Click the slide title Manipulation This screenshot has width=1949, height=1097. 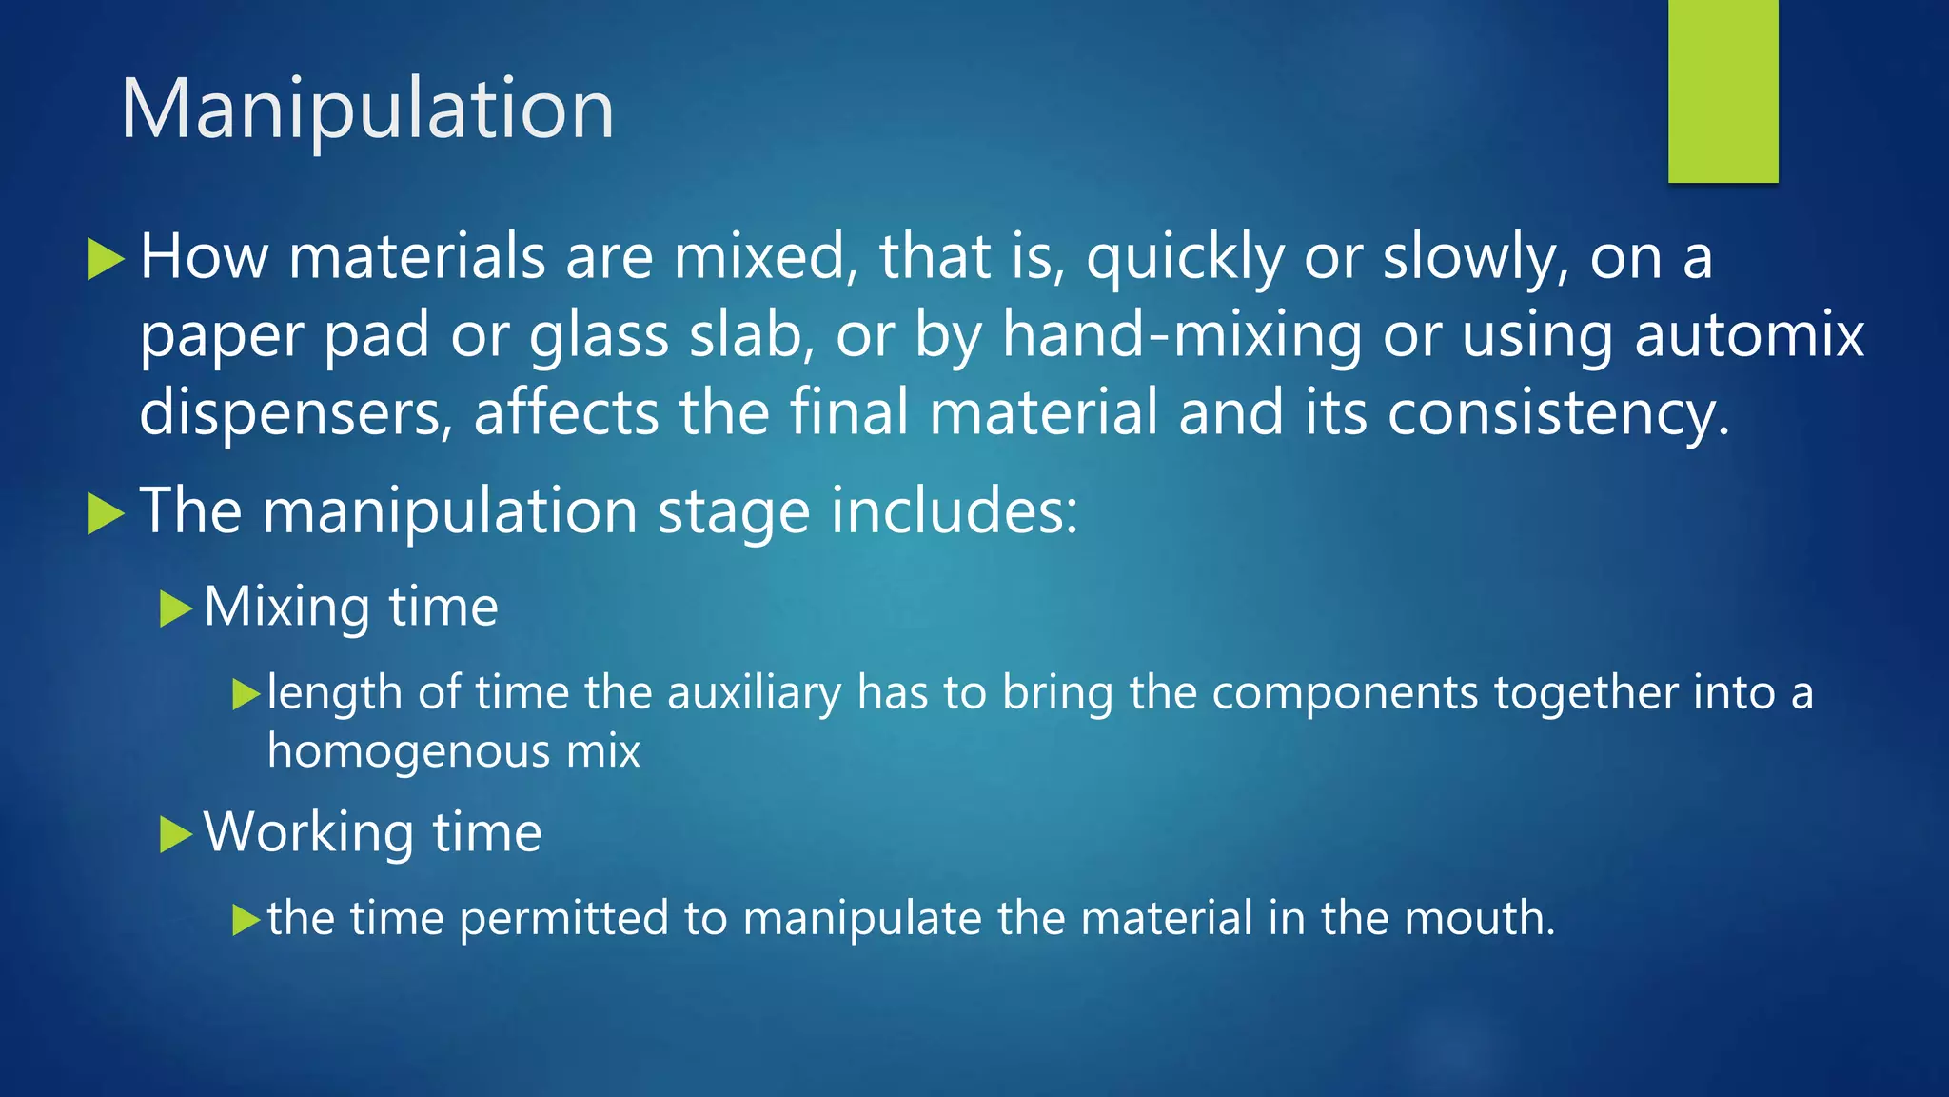pyautogui.click(x=367, y=110)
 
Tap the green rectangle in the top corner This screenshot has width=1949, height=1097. pyautogui.click(x=1723, y=90)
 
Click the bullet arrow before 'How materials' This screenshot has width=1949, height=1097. pyautogui.click(x=106, y=259)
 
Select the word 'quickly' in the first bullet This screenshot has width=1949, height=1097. pyautogui.click(x=1184, y=259)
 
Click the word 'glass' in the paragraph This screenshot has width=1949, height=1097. pyautogui.click(x=599, y=337)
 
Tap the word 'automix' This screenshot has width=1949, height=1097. pyautogui.click(x=1748, y=335)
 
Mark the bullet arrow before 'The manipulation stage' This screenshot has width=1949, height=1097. pyautogui.click(x=106, y=514)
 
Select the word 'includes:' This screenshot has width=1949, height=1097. pyautogui.click(x=955, y=510)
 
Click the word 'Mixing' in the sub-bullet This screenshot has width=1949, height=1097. pyautogui.click(x=286, y=608)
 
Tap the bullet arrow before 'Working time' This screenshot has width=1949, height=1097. pyautogui.click(x=176, y=834)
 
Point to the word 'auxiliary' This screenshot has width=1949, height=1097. pyautogui.click(x=754, y=692)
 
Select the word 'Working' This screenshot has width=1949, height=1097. pyautogui.click(x=308, y=833)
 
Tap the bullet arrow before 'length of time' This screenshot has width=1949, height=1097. pyautogui.click(x=246, y=695)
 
